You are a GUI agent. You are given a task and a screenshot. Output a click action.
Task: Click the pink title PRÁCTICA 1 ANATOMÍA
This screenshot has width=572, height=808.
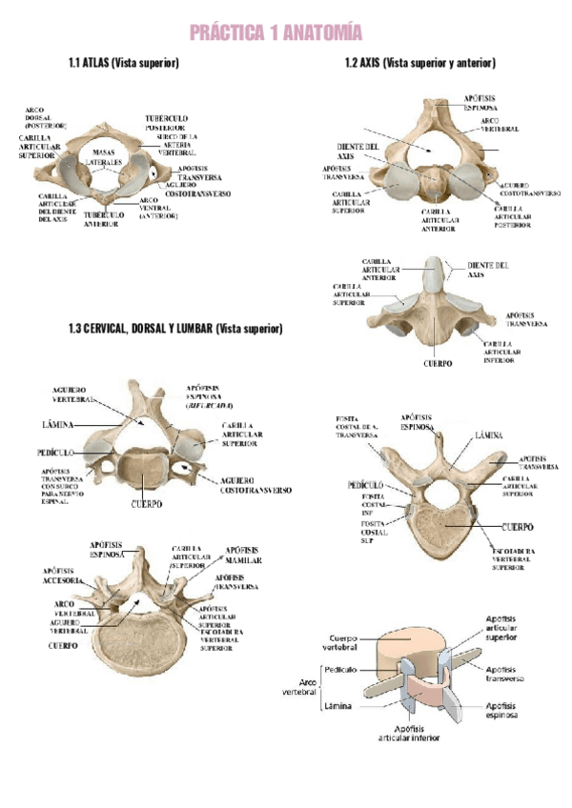pos(276,34)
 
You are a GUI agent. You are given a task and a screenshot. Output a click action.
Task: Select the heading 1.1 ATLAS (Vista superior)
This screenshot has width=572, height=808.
pos(125,63)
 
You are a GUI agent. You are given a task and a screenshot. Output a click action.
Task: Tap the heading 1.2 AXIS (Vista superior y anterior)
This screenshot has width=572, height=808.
pos(420,63)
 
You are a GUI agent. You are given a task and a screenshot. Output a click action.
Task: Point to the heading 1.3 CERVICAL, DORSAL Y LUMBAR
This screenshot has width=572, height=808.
pos(175,330)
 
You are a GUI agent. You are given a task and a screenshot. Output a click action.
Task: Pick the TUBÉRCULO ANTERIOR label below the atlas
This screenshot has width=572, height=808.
pos(101,219)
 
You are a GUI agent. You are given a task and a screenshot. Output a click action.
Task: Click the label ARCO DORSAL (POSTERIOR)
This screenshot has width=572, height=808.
pos(45,117)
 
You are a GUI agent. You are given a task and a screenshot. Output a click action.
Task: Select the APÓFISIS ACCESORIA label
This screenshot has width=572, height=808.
pos(66,576)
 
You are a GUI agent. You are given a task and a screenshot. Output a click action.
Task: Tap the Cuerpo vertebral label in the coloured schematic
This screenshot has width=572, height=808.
pos(342,643)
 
